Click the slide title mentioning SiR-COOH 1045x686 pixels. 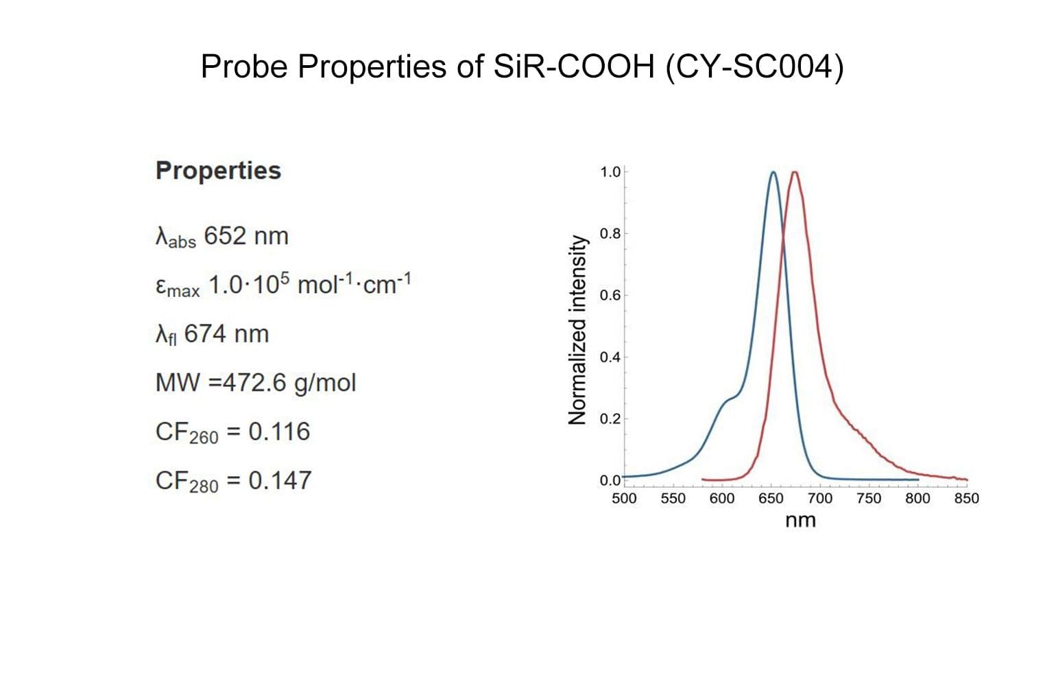point(522,67)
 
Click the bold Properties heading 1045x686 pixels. point(218,170)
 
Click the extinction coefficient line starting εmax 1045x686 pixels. point(283,285)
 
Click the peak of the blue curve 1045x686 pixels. point(773,172)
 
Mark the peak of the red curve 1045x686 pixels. point(795,172)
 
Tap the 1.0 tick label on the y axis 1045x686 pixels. point(610,171)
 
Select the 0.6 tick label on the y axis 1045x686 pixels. point(610,296)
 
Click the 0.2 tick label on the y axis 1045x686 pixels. point(610,419)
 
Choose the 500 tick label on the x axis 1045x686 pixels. point(624,499)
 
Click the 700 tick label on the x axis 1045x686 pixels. point(820,499)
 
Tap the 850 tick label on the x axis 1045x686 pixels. point(967,499)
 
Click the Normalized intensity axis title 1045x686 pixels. point(578,330)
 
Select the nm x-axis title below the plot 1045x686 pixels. point(800,521)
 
